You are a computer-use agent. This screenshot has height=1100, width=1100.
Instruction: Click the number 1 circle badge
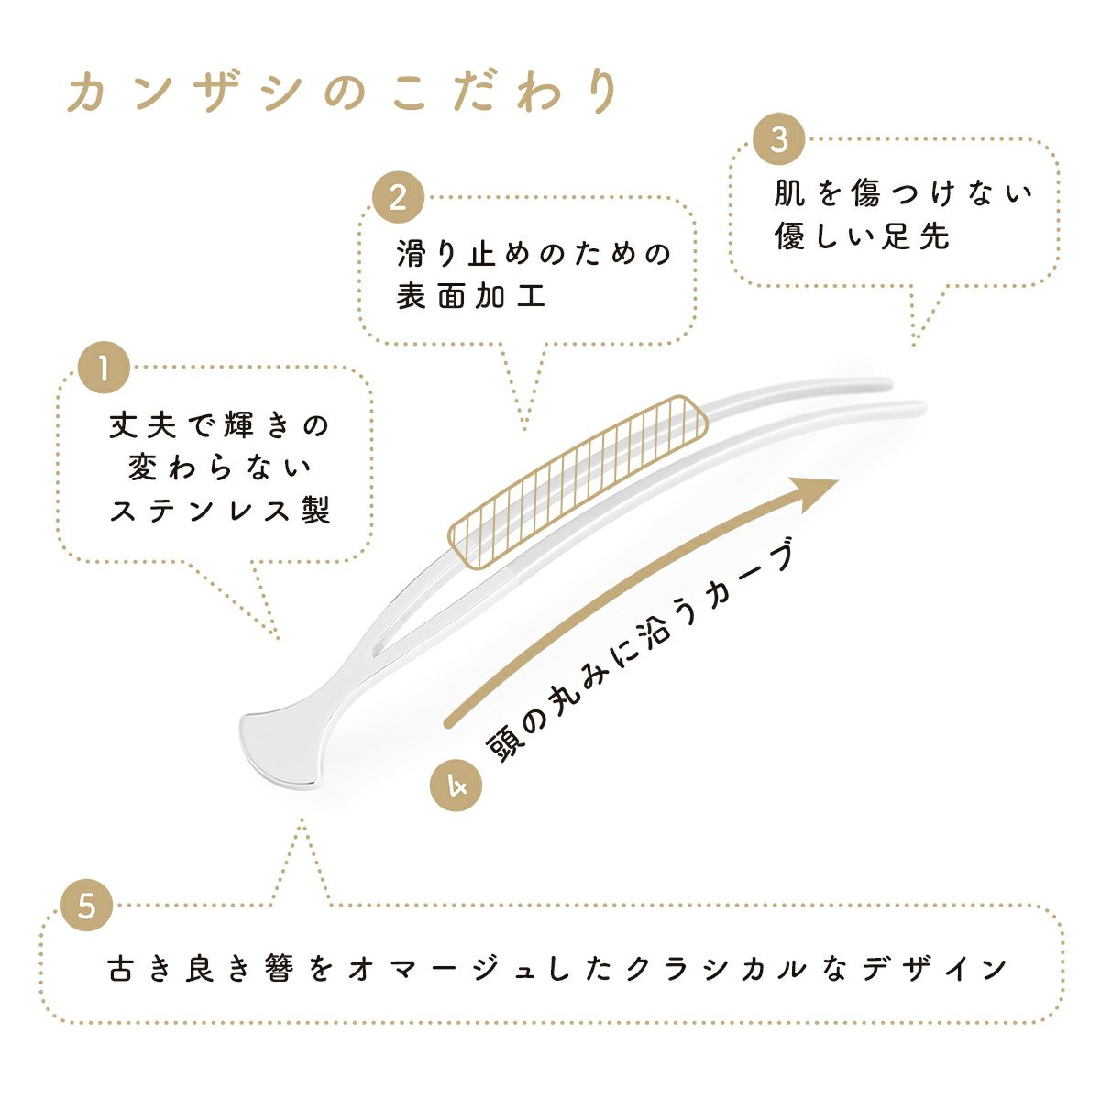point(104,368)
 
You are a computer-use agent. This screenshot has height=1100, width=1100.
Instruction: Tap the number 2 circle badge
point(397,198)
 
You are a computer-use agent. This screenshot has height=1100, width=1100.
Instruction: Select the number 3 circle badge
point(779,140)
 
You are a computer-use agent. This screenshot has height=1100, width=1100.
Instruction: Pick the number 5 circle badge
point(86,906)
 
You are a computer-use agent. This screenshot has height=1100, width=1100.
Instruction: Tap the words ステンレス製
point(220,511)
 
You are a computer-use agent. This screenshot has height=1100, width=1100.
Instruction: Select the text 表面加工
point(471,297)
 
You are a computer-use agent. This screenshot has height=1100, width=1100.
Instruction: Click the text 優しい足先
point(863,236)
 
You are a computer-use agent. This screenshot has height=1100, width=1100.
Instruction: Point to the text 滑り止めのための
point(534,253)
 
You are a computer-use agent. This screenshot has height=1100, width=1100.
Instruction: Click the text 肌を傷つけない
point(903,193)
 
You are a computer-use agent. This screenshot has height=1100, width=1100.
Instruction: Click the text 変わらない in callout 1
point(219,467)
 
